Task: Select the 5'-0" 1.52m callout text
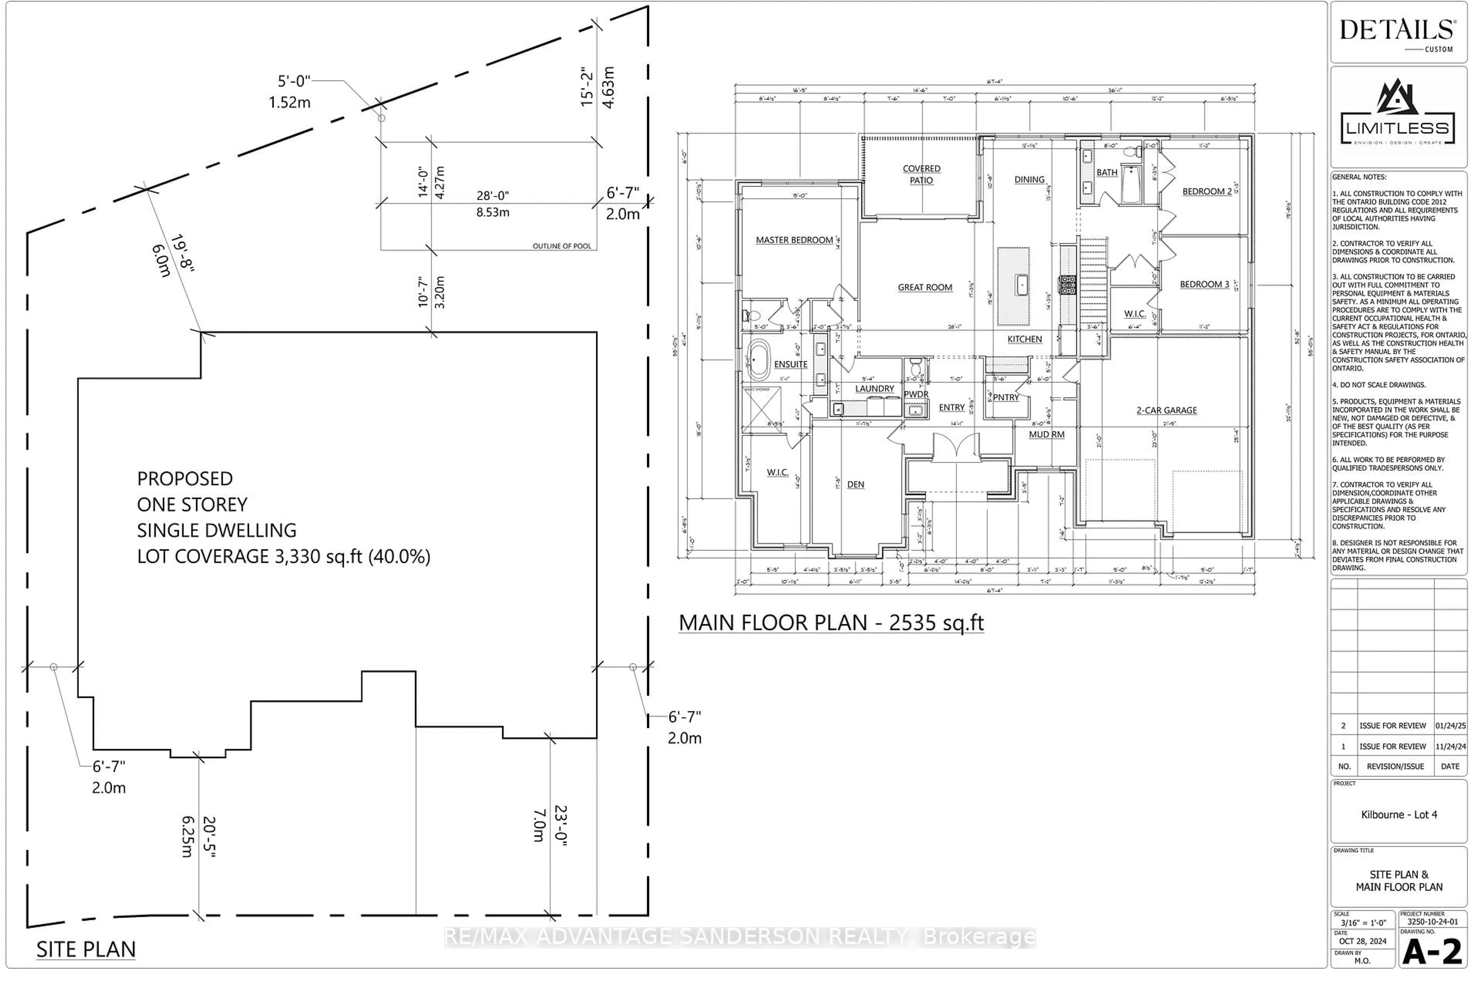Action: coord(291,91)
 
